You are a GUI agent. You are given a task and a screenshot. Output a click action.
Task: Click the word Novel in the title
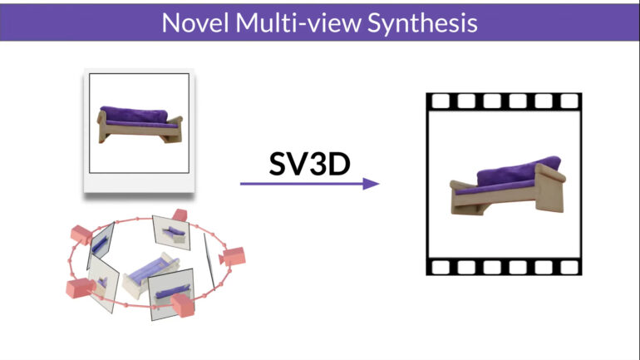click(194, 22)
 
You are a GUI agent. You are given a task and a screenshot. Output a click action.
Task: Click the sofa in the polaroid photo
click(139, 123)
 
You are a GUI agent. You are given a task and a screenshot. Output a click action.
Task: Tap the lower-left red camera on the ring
click(80, 288)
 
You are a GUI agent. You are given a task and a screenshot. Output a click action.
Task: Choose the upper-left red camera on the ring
click(86, 232)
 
